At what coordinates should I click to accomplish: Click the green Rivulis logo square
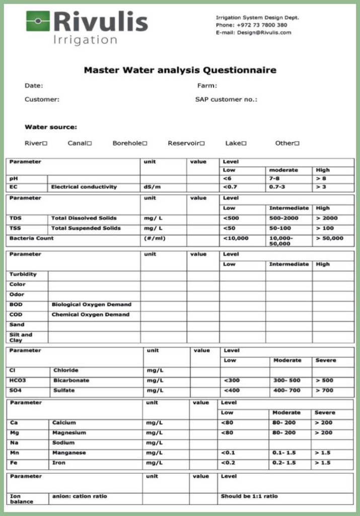point(38,21)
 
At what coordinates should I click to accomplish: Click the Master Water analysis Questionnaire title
point(180,70)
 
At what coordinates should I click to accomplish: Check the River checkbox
point(45,144)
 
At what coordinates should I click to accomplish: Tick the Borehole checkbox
point(145,144)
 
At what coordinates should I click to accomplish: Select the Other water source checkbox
point(297,144)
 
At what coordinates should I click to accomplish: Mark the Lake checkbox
point(244,144)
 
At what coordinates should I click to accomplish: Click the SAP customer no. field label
point(226,99)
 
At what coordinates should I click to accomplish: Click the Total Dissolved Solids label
point(84,218)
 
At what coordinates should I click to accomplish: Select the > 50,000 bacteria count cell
point(329,238)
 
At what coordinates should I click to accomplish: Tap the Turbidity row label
point(23,275)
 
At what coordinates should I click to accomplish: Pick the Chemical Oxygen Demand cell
point(91,314)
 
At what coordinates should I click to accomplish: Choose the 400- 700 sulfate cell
point(286,391)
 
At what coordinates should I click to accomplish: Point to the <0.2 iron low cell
point(228,463)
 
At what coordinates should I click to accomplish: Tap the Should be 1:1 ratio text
point(249,496)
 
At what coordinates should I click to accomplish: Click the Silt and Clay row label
point(21,337)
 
